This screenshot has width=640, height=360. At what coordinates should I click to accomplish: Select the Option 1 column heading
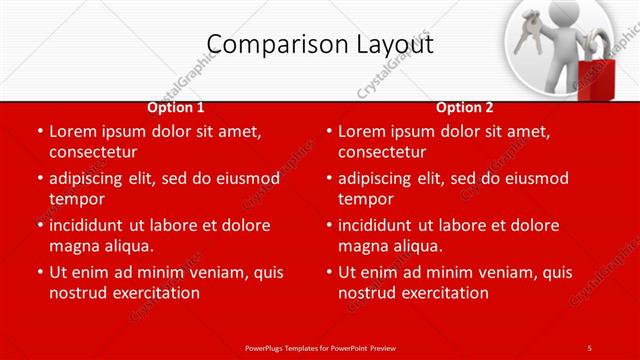point(176,107)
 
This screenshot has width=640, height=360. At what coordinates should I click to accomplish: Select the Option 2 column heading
point(465,107)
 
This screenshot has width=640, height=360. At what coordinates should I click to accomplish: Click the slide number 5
point(589,347)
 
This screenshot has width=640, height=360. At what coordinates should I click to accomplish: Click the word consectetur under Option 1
point(93,152)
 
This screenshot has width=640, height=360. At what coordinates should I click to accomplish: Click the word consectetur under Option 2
point(382,152)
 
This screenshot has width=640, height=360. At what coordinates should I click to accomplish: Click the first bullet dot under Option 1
point(39,131)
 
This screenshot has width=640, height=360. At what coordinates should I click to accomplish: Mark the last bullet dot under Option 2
point(328,272)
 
